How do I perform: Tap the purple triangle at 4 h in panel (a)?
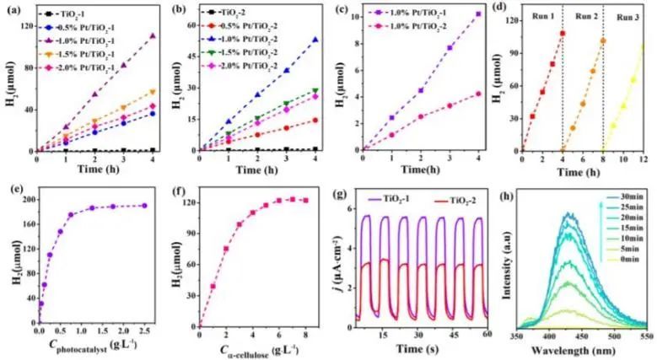[x=152, y=36]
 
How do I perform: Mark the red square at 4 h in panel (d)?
[x=562, y=34]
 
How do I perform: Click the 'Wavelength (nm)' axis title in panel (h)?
[x=582, y=346]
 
